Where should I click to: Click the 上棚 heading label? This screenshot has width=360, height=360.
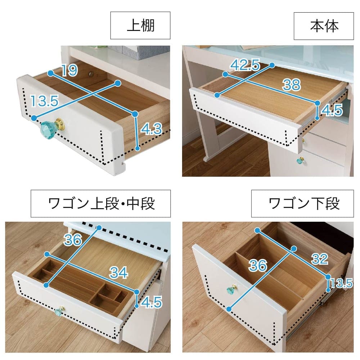140,25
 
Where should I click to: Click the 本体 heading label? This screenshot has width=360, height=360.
324,26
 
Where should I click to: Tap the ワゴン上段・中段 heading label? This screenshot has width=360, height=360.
101,203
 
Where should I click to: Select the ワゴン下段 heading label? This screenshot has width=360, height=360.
304,203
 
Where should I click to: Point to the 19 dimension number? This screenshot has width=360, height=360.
69,70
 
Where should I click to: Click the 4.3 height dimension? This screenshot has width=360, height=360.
151,129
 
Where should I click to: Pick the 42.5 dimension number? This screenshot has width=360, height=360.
245,65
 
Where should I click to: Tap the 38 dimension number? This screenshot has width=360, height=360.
291,85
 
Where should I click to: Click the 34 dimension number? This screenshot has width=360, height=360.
118,273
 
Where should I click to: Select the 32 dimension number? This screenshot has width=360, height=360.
320,259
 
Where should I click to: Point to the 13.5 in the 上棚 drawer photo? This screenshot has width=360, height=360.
45,101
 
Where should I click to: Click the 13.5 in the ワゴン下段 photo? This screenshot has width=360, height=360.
342,283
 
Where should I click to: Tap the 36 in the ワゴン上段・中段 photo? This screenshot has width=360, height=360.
73,240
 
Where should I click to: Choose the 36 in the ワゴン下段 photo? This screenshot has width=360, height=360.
258,265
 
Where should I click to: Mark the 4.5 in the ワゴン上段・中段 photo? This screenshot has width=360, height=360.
152,302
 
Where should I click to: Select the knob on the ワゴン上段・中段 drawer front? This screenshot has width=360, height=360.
59,311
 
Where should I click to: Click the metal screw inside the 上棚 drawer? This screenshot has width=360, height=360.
91,74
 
